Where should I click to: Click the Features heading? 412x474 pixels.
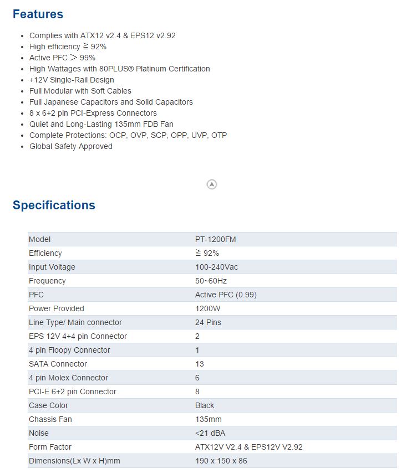pyautogui.click(x=38, y=14)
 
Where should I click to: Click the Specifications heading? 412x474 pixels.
pyautogui.click(x=54, y=205)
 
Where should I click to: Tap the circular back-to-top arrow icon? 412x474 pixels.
pyautogui.click(x=212, y=184)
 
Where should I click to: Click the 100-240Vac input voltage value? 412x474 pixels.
pyautogui.click(x=217, y=267)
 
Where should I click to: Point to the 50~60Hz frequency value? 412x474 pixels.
pyautogui.click(x=211, y=281)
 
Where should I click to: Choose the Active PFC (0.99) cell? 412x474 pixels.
pyautogui.click(x=226, y=295)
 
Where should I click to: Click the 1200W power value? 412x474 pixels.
pyautogui.click(x=208, y=308)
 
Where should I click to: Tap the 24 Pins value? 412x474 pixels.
pyautogui.click(x=208, y=322)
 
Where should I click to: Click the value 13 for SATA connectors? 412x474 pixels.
pyautogui.click(x=200, y=364)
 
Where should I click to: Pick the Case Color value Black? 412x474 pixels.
pyautogui.click(x=205, y=405)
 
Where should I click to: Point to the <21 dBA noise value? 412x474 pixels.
pyautogui.click(x=210, y=433)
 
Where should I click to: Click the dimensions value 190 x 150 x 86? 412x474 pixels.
pyautogui.click(x=221, y=461)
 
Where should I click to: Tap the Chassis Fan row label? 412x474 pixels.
pyautogui.click(x=50, y=419)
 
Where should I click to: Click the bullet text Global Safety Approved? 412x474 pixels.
pyautogui.click(x=71, y=146)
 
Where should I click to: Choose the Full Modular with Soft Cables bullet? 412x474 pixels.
pyautogui.click(x=80, y=91)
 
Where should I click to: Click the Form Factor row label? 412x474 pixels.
pyautogui.click(x=50, y=447)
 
